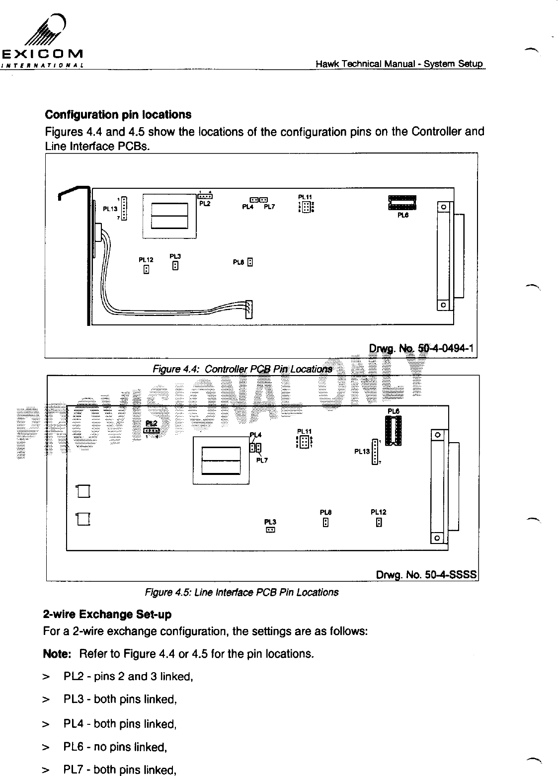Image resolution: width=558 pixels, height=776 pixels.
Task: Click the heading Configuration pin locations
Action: [118, 115]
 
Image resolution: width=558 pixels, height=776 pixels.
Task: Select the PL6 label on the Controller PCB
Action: [403, 216]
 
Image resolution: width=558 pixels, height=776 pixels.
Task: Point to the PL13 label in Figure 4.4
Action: [109, 209]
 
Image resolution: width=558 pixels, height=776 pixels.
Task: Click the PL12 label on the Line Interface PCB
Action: [379, 512]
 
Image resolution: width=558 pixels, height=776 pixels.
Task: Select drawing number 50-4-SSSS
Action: [426, 575]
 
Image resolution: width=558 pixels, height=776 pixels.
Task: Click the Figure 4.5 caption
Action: [241, 592]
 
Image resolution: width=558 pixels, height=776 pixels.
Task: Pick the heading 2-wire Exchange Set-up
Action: [108, 615]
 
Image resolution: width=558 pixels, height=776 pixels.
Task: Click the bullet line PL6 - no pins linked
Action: [115, 747]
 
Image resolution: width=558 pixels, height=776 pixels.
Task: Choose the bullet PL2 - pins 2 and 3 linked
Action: [128, 676]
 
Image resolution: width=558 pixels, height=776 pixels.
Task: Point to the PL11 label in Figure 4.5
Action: [304, 431]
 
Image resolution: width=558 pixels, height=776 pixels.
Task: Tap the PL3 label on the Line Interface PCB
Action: [270, 522]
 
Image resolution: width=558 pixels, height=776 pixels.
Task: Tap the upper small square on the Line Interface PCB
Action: [83, 491]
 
